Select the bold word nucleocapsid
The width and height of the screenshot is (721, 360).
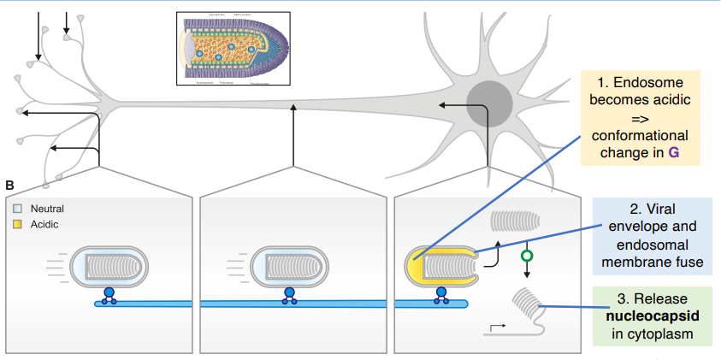click(652, 316)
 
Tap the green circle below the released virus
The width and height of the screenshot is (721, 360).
click(527, 255)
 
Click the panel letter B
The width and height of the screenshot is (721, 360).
click(9, 186)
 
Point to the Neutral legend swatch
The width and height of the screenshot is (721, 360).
click(18, 209)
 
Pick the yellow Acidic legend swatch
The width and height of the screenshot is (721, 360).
click(18, 224)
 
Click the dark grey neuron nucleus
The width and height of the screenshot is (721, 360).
click(492, 95)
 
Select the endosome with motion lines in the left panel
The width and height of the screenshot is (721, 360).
click(112, 267)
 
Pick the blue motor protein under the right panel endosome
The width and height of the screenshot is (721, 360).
click(441, 295)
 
